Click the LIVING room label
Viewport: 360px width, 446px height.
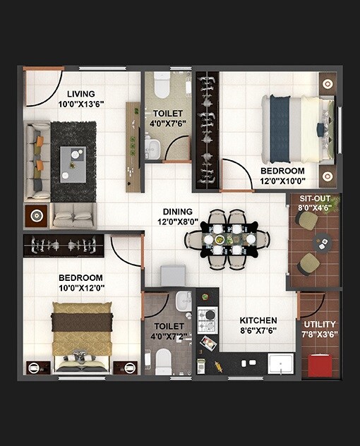[x=81, y=94]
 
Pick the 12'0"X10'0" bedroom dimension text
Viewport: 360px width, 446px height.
[x=282, y=181]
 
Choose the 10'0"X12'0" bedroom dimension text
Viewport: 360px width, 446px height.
[x=80, y=289]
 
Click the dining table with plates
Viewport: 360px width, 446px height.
[x=227, y=239]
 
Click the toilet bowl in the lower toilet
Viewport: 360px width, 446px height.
[x=164, y=361]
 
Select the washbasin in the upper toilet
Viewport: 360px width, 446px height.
[x=153, y=148]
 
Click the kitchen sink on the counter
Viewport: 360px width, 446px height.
[x=284, y=364]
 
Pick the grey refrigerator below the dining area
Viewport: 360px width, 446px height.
[x=173, y=276]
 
